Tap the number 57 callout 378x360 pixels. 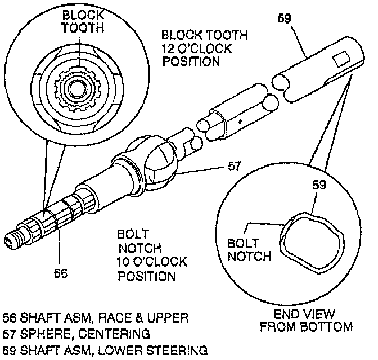click(x=235, y=166)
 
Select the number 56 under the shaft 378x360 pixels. click(x=60, y=273)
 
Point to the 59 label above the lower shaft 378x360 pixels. click(x=285, y=19)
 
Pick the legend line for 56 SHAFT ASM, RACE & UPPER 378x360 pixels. click(x=95, y=318)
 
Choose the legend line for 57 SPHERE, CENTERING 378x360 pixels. click(x=76, y=333)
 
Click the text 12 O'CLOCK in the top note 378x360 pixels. click(x=197, y=48)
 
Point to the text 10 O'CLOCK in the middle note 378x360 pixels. click(x=152, y=262)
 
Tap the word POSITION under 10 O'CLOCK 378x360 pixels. click(x=146, y=276)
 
